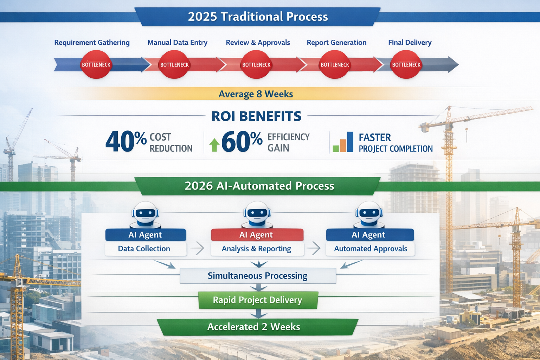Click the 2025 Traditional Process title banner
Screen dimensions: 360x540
point(257,17)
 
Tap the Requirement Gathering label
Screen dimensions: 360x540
point(92,43)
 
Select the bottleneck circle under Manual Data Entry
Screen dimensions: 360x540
point(174,65)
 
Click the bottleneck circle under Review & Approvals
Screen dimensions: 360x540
point(256,65)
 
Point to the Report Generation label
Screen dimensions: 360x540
point(336,43)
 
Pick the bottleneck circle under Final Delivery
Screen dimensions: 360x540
point(406,65)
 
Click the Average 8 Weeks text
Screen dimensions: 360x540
point(256,94)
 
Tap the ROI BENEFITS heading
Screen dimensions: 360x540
point(256,116)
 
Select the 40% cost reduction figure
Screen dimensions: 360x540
point(126,142)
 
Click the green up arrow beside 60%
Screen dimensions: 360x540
point(214,144)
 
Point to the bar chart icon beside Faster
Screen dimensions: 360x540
point(343,142)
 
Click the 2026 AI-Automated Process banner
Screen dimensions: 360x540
point(259,186)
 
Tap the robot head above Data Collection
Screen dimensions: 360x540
point(146,213)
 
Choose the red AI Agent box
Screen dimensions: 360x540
point(257,235)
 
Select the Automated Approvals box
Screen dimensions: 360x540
point(370,249)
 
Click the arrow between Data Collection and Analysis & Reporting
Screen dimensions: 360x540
point(198,248)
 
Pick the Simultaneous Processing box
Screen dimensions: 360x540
point(258,276)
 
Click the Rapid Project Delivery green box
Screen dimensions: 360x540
point(258,300)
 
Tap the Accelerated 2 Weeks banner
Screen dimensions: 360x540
point(254,327)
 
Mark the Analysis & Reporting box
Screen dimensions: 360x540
point(257,249)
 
